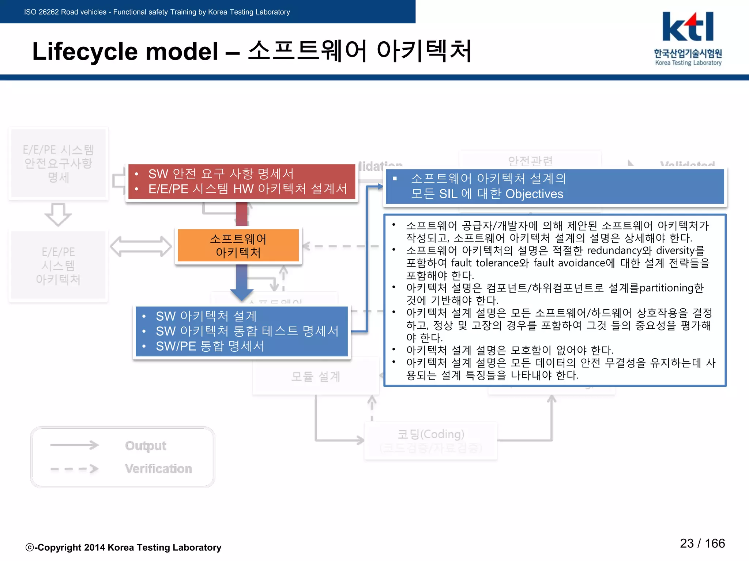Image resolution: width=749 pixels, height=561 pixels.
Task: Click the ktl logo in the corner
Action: pyautogui.click(x=688, y=27)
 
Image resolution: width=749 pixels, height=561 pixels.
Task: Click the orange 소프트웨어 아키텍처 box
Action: pyautogui.click(x=238, y=245)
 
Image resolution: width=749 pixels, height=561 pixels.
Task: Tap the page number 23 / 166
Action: pyautogui.click(x=702, y=543)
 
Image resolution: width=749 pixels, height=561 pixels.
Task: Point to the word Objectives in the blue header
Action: pyautogui.click(x=534, y=194)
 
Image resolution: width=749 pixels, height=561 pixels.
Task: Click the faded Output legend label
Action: pyautogui.click(x=146, y=446)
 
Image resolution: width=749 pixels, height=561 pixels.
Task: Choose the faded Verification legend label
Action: pyautogui.click(x=158, y=469)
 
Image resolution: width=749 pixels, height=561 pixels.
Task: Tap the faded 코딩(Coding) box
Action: pyautogui.click(x=430, y=440)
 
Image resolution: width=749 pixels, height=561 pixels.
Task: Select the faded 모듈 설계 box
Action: pyautogui.click(x=316, y=376)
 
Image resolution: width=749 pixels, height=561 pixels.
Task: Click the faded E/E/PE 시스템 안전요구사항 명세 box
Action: pyautogui.click(x=58, y=163)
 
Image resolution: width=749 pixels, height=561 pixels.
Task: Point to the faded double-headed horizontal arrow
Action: pyautogui.click(x=141, y=247)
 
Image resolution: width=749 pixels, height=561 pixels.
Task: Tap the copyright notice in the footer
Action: pyautogui.click(x=123, y=547)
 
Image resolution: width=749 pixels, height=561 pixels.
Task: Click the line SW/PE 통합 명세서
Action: pyautogui.click(x=210, y=346)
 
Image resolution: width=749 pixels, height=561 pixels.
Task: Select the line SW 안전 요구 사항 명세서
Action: pyautogui.click(x=221, y=174)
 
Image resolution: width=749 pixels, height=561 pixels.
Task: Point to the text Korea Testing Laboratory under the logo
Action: pyautogui.click(x=688, y=63)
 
